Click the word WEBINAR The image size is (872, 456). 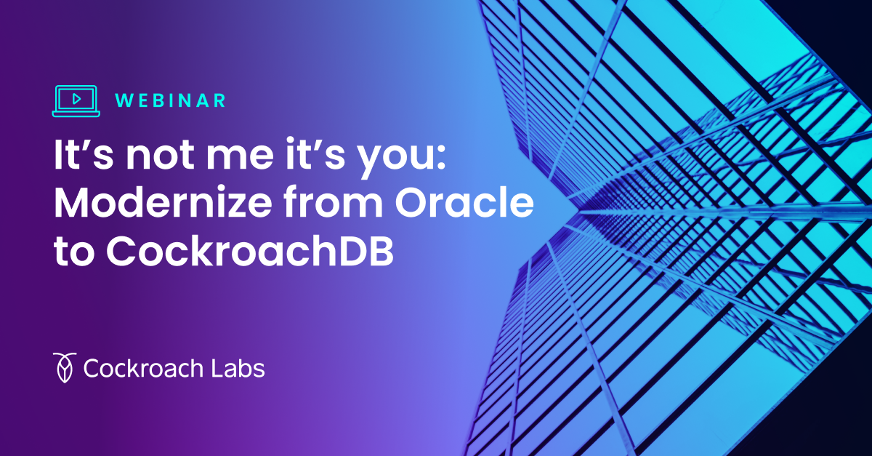171,101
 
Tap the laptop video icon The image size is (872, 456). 76,100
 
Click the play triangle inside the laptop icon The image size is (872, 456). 76,97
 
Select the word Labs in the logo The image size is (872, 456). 237,368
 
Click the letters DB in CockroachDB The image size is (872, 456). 368,252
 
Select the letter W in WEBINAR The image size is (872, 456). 123,101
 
